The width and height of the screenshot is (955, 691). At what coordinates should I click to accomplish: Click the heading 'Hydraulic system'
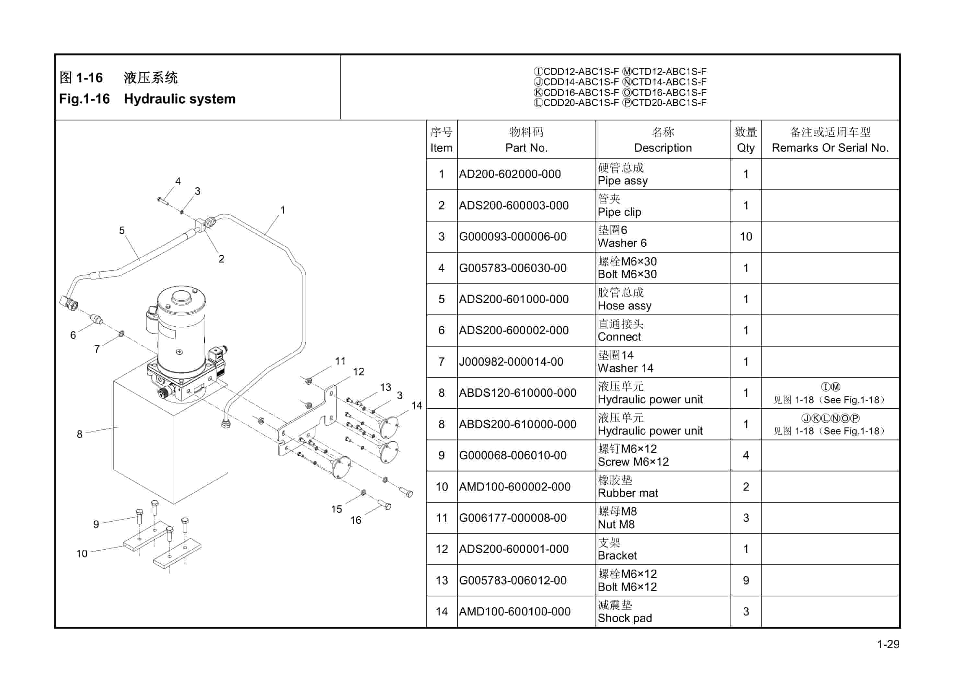[x=179, y=99]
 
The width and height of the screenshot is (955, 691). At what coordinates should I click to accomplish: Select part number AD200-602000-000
[x=510, y=174]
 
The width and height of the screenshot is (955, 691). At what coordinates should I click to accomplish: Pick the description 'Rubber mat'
[x=628, y=493]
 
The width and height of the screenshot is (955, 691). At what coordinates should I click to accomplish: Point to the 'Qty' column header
[x=745, y=148]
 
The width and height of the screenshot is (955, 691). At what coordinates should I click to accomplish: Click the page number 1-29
[x=888, y=644]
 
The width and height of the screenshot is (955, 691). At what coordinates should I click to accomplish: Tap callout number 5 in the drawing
[x=122, y=230]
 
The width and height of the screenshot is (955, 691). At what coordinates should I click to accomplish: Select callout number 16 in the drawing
[x=356, y=521]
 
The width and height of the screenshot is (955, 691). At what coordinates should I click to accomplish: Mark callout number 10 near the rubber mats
[x=82, y=554]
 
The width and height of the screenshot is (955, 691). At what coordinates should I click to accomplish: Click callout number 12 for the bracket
[x=358, y=372]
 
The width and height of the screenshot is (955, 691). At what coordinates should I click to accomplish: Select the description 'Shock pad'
[x=625, y=618]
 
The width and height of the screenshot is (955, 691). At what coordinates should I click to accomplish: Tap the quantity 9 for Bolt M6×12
[x=746, y=580]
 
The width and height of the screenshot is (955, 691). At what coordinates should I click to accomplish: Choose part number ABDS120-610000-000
[x=517, y=393]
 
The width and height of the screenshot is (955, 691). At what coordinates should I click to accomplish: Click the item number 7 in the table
[x=441, y=361]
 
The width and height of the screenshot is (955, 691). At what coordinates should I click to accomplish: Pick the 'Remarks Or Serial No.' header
[x=830, y=148]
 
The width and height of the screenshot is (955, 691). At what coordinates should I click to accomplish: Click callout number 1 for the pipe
[x=282, y=210]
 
